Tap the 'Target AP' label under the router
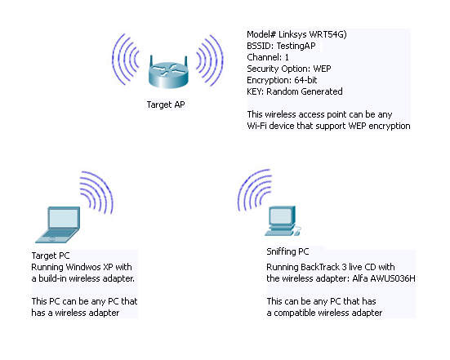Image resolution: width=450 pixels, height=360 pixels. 166,104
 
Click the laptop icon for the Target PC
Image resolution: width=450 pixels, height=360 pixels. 58,224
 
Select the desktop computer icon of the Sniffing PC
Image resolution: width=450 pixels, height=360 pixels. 283,221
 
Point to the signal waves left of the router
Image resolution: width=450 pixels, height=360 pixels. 126,60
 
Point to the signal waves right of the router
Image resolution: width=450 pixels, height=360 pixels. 210,60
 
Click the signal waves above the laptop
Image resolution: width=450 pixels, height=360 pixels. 97,192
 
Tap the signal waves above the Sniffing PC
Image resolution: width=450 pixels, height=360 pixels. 254,189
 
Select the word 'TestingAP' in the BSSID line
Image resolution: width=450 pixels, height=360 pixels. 296,46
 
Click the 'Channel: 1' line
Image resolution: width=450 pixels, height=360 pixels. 268,57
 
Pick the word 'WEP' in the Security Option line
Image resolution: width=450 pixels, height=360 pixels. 322,69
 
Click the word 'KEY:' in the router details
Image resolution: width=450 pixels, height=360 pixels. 255,91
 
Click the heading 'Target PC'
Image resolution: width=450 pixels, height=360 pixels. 51,256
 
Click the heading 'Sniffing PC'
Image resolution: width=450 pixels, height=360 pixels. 287,251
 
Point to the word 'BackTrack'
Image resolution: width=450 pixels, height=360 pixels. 320,267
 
